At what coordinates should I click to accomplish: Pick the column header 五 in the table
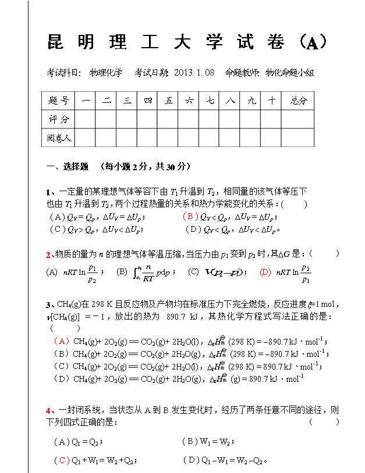[169, 101]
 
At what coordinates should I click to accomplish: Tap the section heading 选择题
[76, 166]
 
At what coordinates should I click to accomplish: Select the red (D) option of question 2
[265, 271]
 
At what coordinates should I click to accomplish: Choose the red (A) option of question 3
[61, 341]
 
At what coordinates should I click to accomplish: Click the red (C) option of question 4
[61, 460]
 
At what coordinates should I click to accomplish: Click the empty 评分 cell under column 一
[86, 119]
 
